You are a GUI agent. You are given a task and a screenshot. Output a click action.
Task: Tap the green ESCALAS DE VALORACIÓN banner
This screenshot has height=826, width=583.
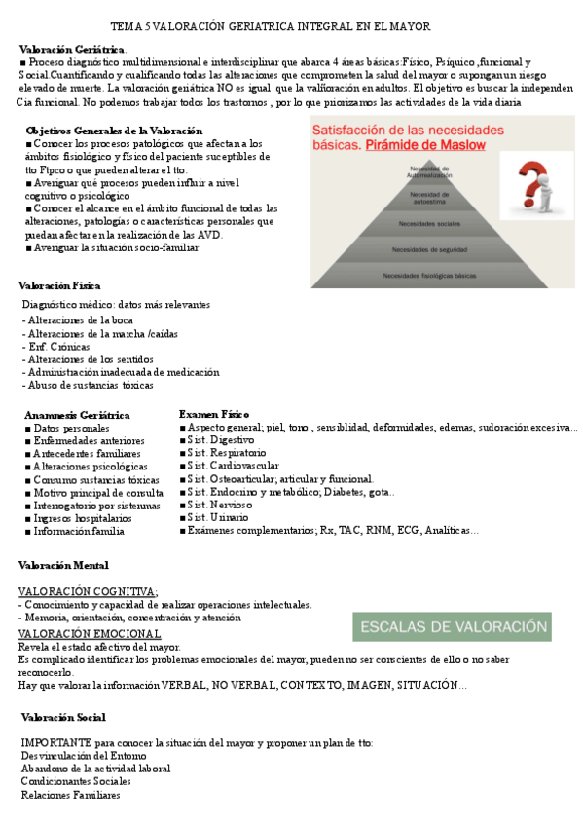(449, 626)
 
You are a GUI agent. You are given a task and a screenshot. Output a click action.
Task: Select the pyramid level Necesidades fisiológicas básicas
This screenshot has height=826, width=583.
(429, 276)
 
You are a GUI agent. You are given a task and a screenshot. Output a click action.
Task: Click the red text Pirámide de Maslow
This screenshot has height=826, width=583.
(424, 146)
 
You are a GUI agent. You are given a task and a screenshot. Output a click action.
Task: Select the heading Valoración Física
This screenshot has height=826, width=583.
(59, 285)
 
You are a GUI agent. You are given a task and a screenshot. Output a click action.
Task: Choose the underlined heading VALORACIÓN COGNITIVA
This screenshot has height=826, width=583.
(88, 591)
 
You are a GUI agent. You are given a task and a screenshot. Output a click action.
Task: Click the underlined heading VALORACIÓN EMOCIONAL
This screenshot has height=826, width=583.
(90, 633)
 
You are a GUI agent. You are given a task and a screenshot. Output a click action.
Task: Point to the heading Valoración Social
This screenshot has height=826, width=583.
(63, 717)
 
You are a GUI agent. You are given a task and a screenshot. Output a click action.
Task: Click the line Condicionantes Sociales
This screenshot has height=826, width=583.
(76, 781)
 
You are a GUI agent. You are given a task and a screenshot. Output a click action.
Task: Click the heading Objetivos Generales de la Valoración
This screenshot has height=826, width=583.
(114, 130)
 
